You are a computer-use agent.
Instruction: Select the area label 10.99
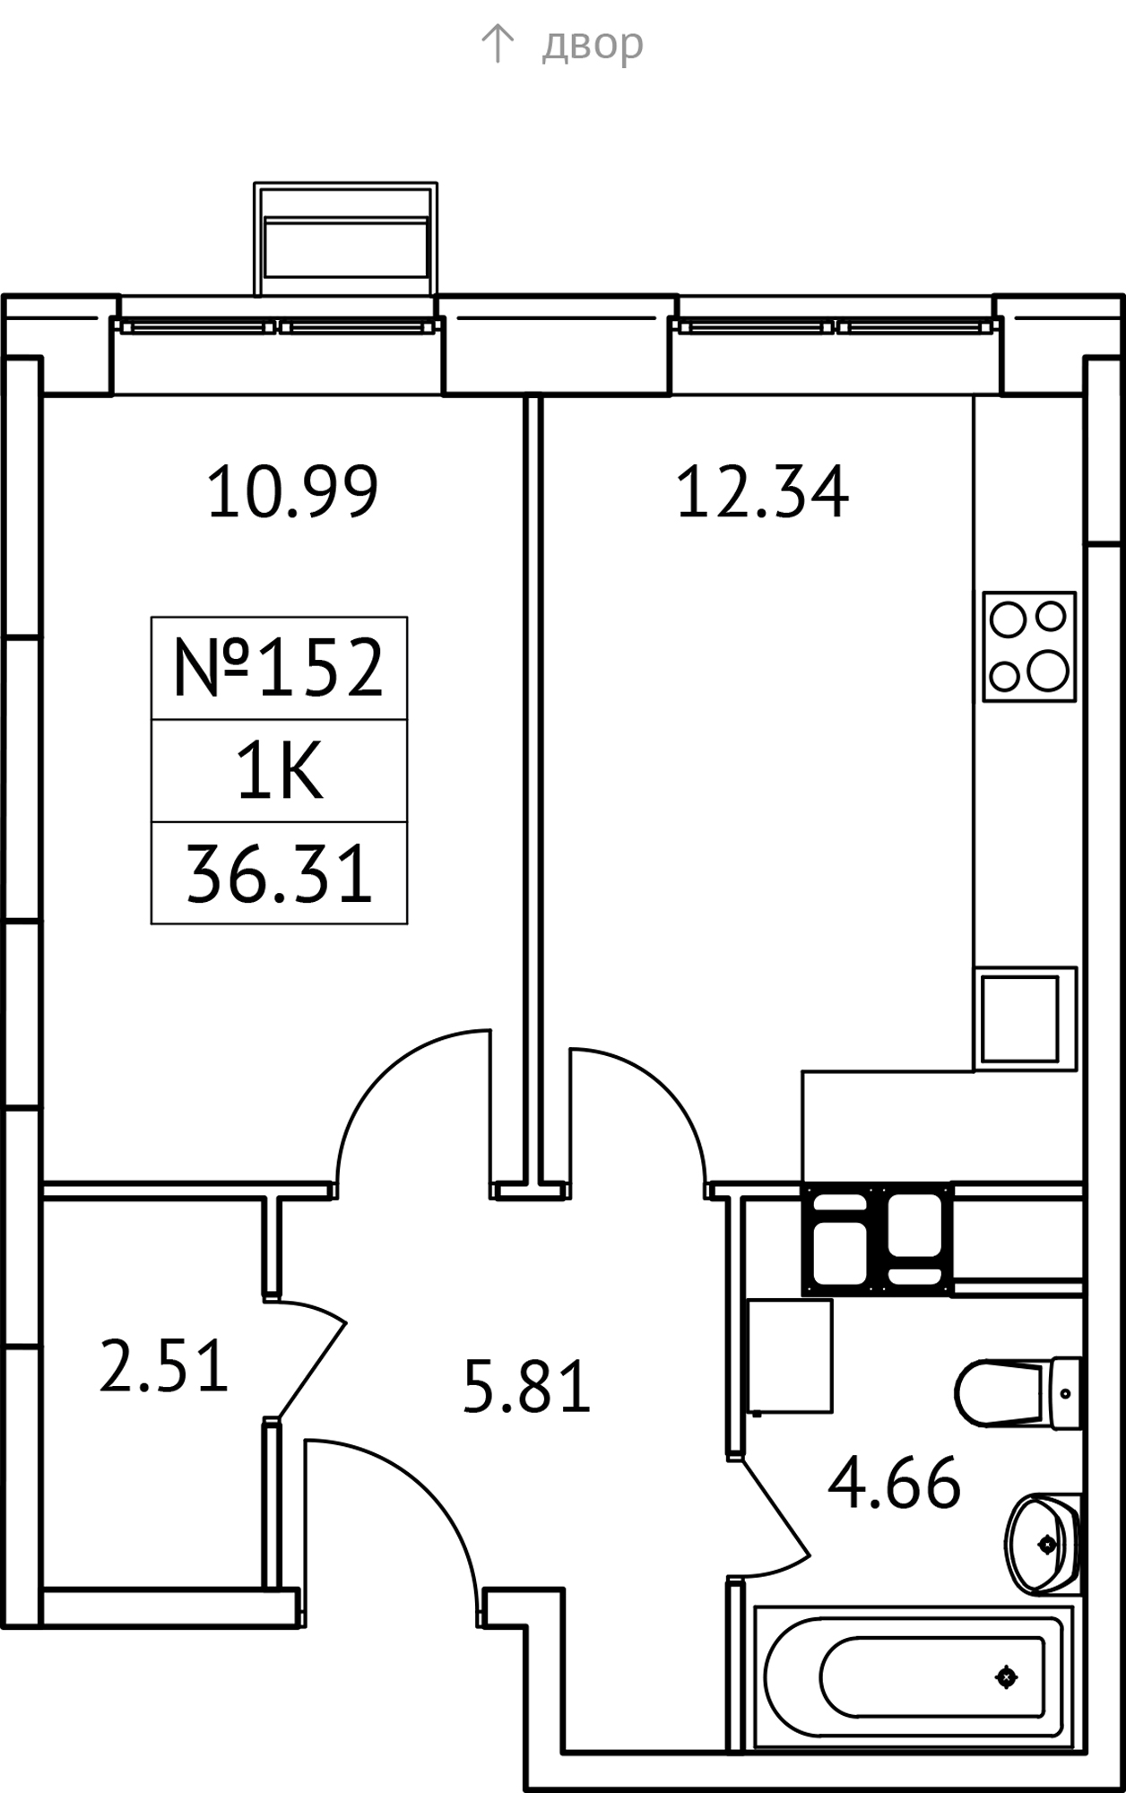pos(292,491)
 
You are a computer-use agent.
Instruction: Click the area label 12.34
pos(761,491)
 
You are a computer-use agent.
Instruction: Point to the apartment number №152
pos(279,668)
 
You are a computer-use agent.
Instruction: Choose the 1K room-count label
pos(279,772)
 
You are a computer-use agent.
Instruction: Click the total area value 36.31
pos(279,874)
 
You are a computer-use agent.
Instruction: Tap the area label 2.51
pos(163,1365)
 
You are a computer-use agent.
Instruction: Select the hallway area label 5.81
pos(526,1386)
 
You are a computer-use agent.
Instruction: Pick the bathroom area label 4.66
pos(894,1484)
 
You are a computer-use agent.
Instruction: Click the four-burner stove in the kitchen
pos(1029,646)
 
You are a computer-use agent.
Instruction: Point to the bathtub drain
pos(1006,1676)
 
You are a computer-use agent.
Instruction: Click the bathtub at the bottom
pos(914,1676)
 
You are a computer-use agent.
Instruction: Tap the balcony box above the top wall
pos(345,239)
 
